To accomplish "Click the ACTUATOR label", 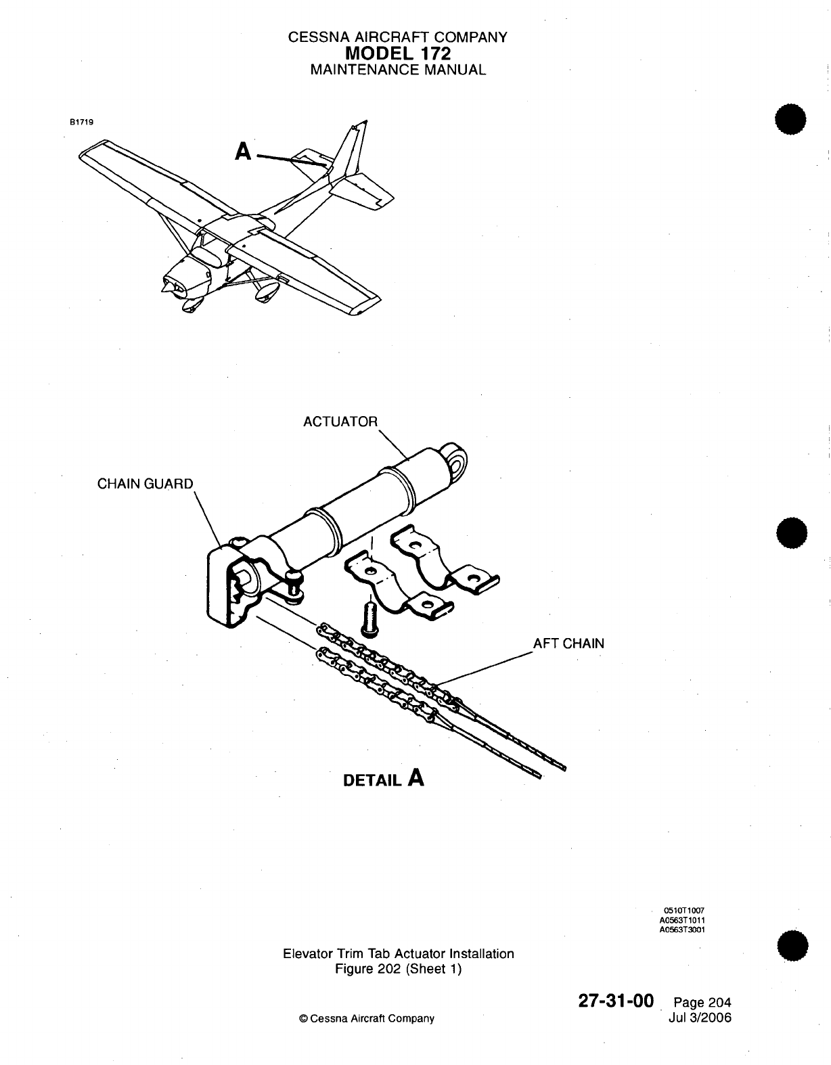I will click(340, 422).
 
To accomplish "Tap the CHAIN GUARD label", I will click(145, 484).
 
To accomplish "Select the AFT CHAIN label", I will click(568, 643).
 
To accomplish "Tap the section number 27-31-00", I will click(615, 1001).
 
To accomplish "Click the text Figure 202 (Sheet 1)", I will click(398, 969).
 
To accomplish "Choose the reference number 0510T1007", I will click(686, 911).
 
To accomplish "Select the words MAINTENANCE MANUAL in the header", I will click(397, 70).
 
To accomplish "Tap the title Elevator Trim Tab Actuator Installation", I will click(398, 953).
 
